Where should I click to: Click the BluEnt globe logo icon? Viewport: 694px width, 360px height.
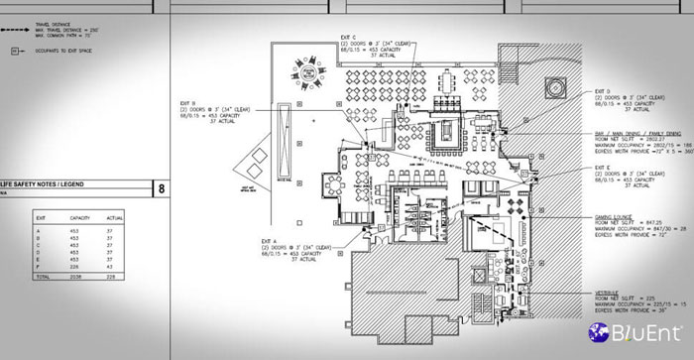coord(599,332)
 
